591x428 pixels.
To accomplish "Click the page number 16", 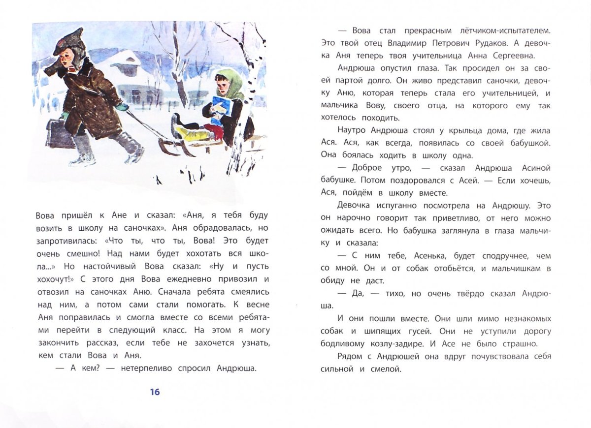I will [x=155, y=392].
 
